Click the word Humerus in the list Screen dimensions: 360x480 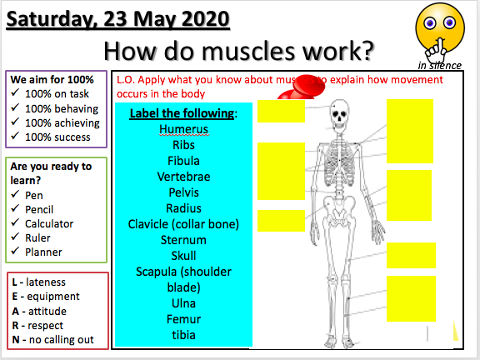coord(183,129)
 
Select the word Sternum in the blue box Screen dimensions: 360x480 coord(183,240)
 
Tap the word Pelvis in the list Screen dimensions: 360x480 coord(183,192)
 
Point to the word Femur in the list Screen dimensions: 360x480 coord(183,319)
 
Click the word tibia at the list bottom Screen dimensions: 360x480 coord(183,335)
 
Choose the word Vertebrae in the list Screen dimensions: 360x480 coord(183,177)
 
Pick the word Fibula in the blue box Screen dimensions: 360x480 coord(183,161)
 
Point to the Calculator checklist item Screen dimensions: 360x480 coord(48,223)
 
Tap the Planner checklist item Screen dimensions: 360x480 coord(43,252)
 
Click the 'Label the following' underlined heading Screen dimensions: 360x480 coord(183,113)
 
